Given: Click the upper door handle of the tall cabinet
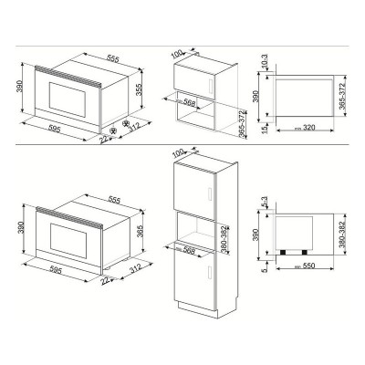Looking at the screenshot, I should (210, 193).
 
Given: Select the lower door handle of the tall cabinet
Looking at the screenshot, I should (210, 276).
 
